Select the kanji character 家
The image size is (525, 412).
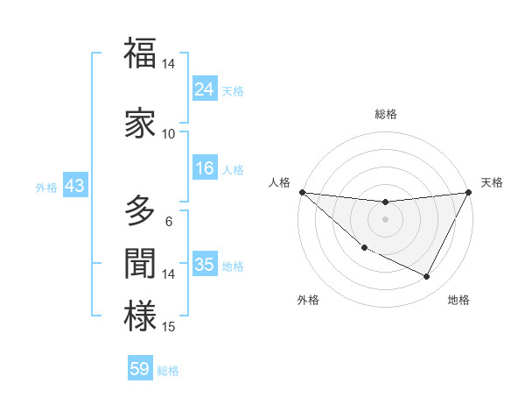[140, 124]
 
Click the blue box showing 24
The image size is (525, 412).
[205, 89]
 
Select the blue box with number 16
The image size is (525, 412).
[205, 168]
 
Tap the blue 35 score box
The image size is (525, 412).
[205, 265]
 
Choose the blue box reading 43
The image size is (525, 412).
[74, 186]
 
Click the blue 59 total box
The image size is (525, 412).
[140, 369]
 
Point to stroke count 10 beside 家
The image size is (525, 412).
[168, 134]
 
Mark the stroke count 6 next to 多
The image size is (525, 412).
[168, 222]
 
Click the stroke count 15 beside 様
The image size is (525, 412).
[169, 327]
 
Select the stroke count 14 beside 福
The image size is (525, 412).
[168, 64]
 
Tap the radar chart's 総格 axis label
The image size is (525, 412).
[386, 115]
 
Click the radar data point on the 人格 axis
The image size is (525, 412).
[302, 192]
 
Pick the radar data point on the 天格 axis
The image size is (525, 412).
[469, 192]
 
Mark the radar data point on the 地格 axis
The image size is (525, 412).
[427, 277]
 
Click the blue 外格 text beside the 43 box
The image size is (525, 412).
[45, 187]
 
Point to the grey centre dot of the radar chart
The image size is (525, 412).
[386, 219]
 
